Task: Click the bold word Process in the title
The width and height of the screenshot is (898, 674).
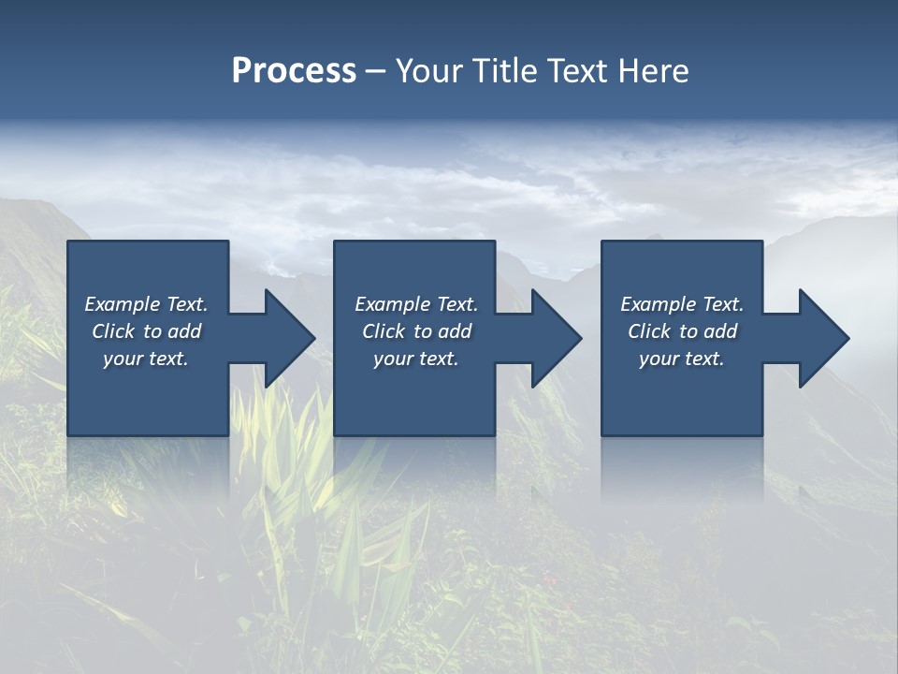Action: coord(294,71)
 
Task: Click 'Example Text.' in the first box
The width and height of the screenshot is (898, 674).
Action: coord(146,304)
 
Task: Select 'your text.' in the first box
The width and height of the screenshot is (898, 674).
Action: coord(146,359)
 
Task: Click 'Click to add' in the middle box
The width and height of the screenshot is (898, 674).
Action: coord(416,331)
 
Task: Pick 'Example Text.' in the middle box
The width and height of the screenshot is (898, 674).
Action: coord(416,304)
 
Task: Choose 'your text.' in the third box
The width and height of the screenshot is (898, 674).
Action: coord(682,359)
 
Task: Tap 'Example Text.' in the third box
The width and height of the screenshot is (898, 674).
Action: coord(682,304)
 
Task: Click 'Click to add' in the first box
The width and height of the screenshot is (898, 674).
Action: coord(146,331)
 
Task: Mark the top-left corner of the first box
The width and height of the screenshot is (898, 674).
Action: coord(68,242)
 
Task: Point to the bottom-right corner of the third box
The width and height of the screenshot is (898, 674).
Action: coord(761,435)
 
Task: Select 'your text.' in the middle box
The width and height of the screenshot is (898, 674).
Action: coord(416,359)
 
